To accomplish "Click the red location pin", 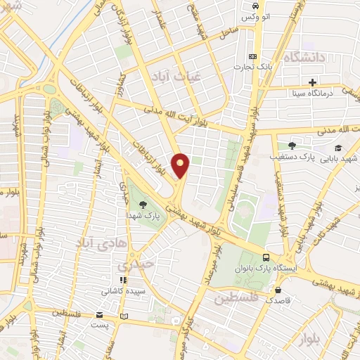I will [x=181, y=165].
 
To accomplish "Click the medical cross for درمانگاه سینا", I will [x=312, y=82].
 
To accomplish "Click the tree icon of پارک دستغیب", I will [x=291, y=146].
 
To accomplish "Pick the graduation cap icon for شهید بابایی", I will [x=338, y=148].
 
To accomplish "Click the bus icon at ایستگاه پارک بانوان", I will [x=265, y=257].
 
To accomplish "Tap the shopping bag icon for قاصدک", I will [x=279, y=290].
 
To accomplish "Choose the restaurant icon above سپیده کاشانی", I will [x=124, y=280].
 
